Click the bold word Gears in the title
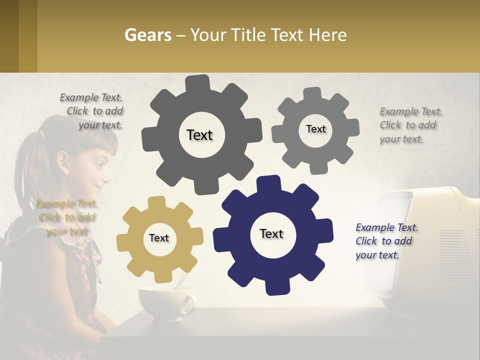pyautogui.click(x=148, y=35)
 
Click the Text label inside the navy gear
pyautogui.click(x=271, y=233)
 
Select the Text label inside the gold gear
pyautogui.click(x=159, y=238)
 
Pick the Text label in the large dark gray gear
pyautogui.click(x=199, y=135)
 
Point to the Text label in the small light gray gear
pyautogui.click(x=315, y=129)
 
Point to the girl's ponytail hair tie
pyautogui.click(x=41, y=134)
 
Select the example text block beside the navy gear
pyautogui.click(x=387, y=241)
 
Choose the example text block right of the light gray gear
pyautogui.click(x=410, y=125)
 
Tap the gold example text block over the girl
pyautogui.click(x=67, y=217)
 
